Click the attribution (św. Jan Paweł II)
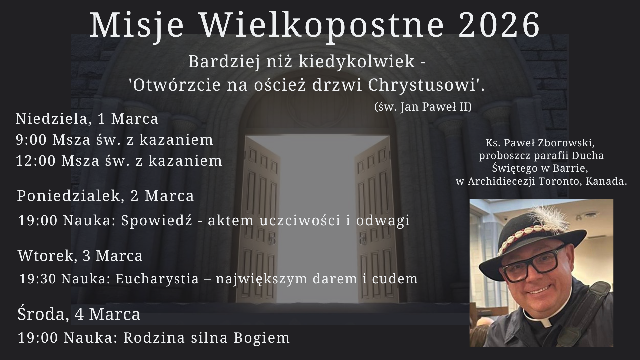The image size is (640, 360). coord(423,107)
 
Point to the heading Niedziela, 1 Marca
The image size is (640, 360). coord(87,119)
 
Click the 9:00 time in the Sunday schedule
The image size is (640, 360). coord(31,140)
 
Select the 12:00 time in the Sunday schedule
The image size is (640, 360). coord(36,161)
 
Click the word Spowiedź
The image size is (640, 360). coord(157,221)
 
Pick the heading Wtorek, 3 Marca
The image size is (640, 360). coord(80,256)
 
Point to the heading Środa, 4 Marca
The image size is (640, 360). coord(79,314)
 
